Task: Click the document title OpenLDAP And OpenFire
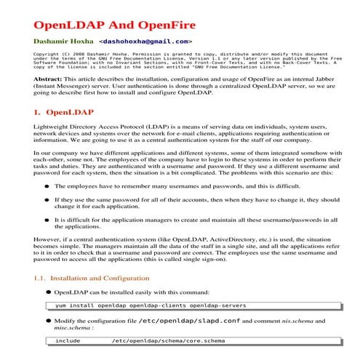[108, 18]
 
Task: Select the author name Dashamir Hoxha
[62, 42]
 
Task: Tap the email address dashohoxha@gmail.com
[145, 42]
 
